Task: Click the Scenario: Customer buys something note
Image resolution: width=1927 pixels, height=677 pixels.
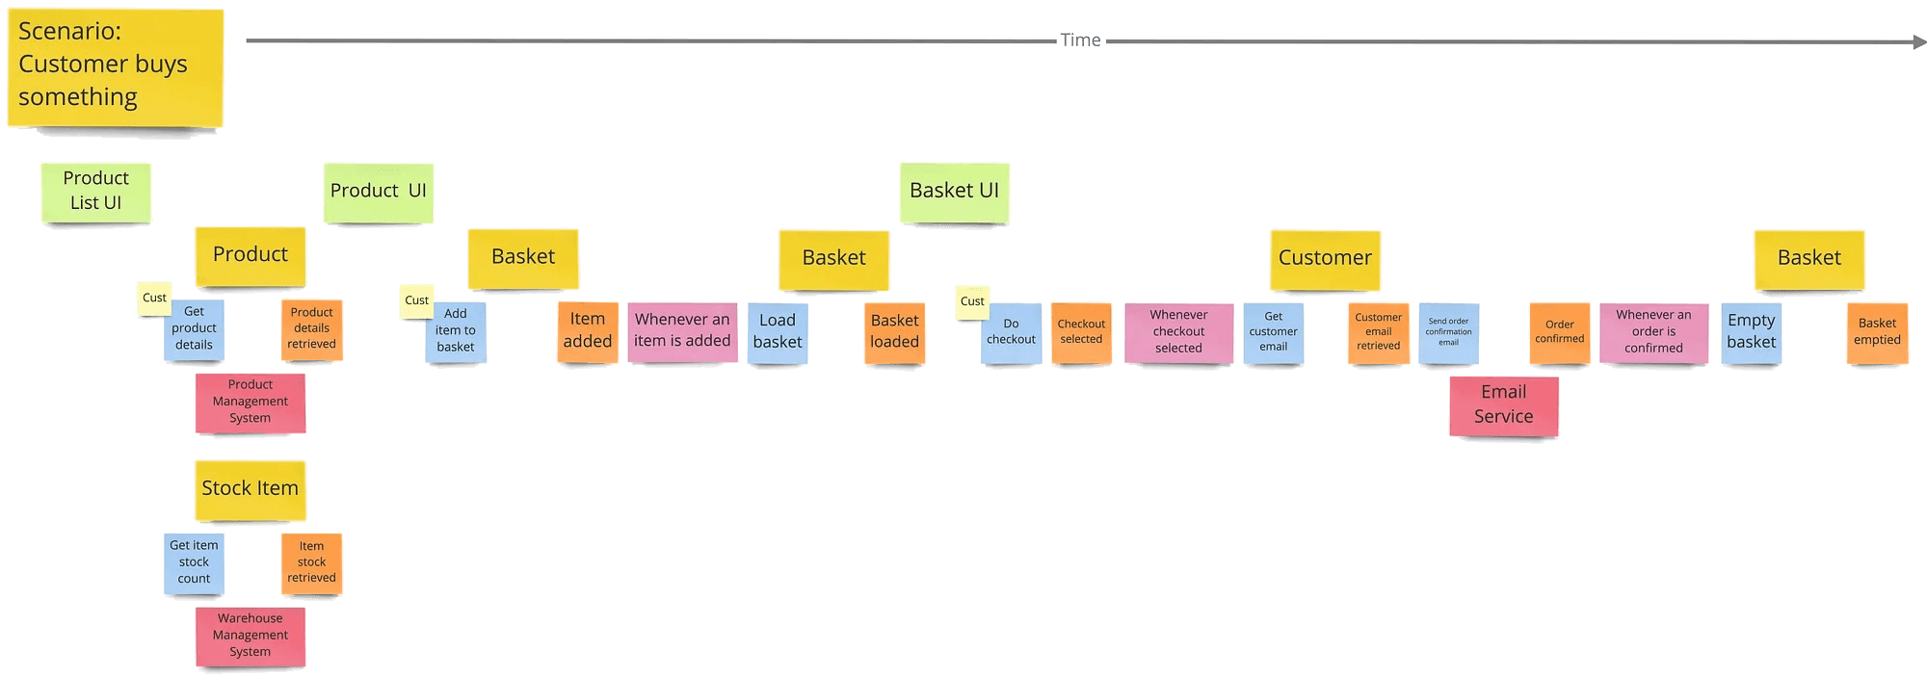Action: [x=116, y=67]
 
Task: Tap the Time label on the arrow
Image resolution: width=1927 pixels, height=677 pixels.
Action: [x=1080, y=40]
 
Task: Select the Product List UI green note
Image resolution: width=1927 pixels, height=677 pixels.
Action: [x=95, y=192]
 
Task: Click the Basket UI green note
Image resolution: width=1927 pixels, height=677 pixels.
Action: [x=954, y=192]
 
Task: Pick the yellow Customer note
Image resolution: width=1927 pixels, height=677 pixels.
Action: [x=1325, y=259]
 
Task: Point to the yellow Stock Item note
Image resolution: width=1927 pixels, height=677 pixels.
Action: [x=250, y=489]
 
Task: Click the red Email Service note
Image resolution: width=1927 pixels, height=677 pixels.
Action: [x=1503, y=405]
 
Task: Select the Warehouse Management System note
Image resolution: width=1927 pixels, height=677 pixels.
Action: [x=250, y=636]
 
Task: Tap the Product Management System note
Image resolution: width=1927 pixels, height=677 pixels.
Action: [x=250, y=403]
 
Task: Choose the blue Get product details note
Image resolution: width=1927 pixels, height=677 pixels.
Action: [x=194, y=329]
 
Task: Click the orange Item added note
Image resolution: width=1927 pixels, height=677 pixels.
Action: [x=587, y=331]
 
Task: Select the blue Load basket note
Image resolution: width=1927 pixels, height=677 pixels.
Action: [x=778, y=332]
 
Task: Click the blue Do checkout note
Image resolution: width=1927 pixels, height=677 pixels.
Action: [x=1011, y=333]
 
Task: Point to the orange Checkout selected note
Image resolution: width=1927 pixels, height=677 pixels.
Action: [x=1081, y=333]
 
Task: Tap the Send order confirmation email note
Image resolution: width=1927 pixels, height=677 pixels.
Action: [x=1448, y=333]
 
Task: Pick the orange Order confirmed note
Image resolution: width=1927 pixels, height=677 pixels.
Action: [x=1559, y=333]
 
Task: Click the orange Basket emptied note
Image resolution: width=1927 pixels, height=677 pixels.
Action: [x=1877, y=333]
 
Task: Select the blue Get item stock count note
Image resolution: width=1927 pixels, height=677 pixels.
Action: [x=194, y=563]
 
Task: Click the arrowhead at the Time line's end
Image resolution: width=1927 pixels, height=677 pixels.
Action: [x=1918, y=42]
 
